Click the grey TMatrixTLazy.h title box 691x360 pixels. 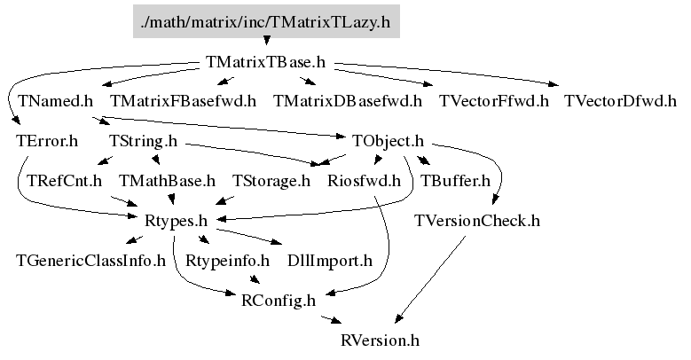click(266, 22)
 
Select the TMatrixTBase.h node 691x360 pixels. click(265, 63)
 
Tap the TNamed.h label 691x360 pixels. click(54, 101)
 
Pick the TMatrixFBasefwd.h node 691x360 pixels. click(184, 101)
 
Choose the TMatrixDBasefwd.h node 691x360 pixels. click(348, 101)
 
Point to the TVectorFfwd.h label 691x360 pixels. click(494, 101)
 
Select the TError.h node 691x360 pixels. click(47, 141)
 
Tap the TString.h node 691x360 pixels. click(143, 141)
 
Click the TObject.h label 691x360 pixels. click(388, 141)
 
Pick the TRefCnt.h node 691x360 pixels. click(65, 181)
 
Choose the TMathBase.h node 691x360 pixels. click(168, 181)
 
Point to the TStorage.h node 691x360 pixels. click(271, 181)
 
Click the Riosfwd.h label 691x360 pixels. click(364, 181)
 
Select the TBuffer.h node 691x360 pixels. click(454, 181)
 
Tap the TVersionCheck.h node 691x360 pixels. click(477, 221)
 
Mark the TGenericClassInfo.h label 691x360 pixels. click(91, 261)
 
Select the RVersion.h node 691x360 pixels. click(380, 340)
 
